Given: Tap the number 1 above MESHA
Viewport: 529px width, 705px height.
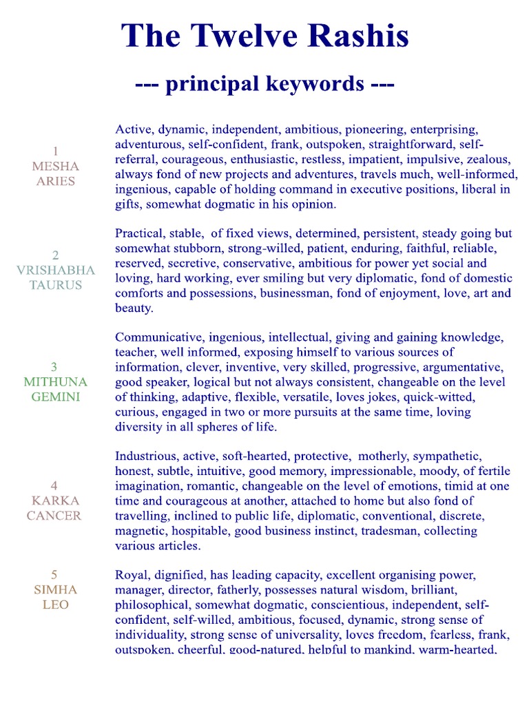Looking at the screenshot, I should (x=55, y=151).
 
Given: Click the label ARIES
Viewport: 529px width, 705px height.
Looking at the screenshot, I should (x=55, y=181).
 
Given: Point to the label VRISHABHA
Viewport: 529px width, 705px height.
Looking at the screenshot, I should (x=55, y=270).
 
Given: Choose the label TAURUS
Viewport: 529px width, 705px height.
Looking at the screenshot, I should (x=55, y=285).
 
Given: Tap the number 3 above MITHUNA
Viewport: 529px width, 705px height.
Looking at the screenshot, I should (x=55, y=366).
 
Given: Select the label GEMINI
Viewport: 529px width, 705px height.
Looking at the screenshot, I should (x=55, y=397).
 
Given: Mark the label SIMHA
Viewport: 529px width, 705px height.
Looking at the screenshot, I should (x=55, y=590).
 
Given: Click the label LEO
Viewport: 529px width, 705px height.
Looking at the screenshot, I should (x=55, y=605).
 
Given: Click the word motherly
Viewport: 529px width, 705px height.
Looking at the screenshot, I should (x=388, y=456).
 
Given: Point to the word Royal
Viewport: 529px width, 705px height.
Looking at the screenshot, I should (x=130, y=575).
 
